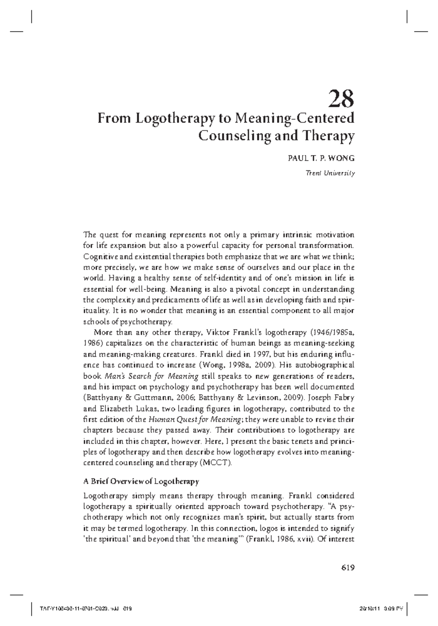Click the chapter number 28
click(341, 99)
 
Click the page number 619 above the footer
click(348, 568)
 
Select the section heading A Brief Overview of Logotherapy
click(141, 481)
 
